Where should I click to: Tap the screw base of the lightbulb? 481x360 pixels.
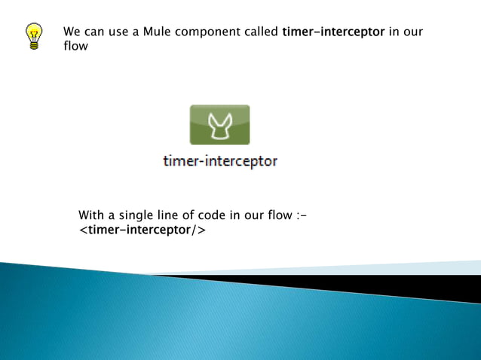[34, 44]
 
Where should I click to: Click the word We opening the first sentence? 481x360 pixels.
[72, 32]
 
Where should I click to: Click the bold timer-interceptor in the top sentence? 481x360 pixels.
[333, 32]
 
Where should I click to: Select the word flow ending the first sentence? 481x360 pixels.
[75, 47]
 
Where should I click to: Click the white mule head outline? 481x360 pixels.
[219, 124]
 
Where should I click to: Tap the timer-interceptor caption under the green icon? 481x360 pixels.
[220, 161]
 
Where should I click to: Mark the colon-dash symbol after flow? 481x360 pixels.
[301, 215]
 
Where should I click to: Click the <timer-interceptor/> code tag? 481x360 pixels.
[142, 230]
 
